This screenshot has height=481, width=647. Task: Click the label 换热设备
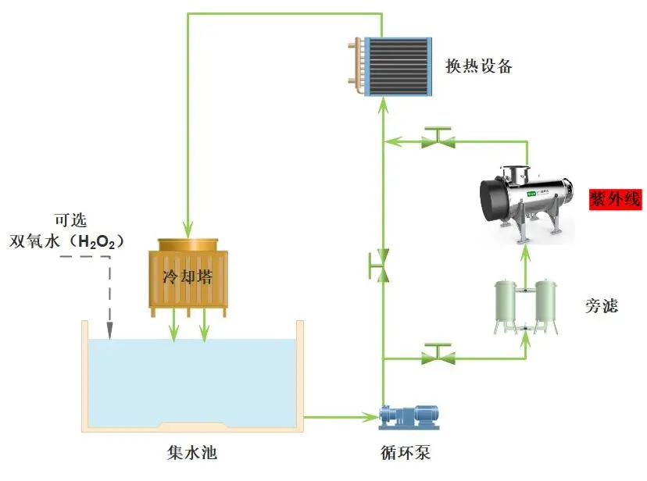click(478, 66)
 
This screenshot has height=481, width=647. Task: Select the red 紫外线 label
click(615, 199)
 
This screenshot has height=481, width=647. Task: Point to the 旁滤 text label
click(601, 305)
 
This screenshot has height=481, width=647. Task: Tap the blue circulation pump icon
click(409, 417)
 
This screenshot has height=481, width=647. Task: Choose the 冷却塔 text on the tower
click(188, 277)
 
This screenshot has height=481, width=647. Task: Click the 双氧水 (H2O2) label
click(66, 241)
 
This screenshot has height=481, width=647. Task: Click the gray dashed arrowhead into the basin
click(109, 332)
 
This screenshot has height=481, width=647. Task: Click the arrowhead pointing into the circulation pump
click(372, 418)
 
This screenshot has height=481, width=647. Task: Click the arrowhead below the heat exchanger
click(382, 110)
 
